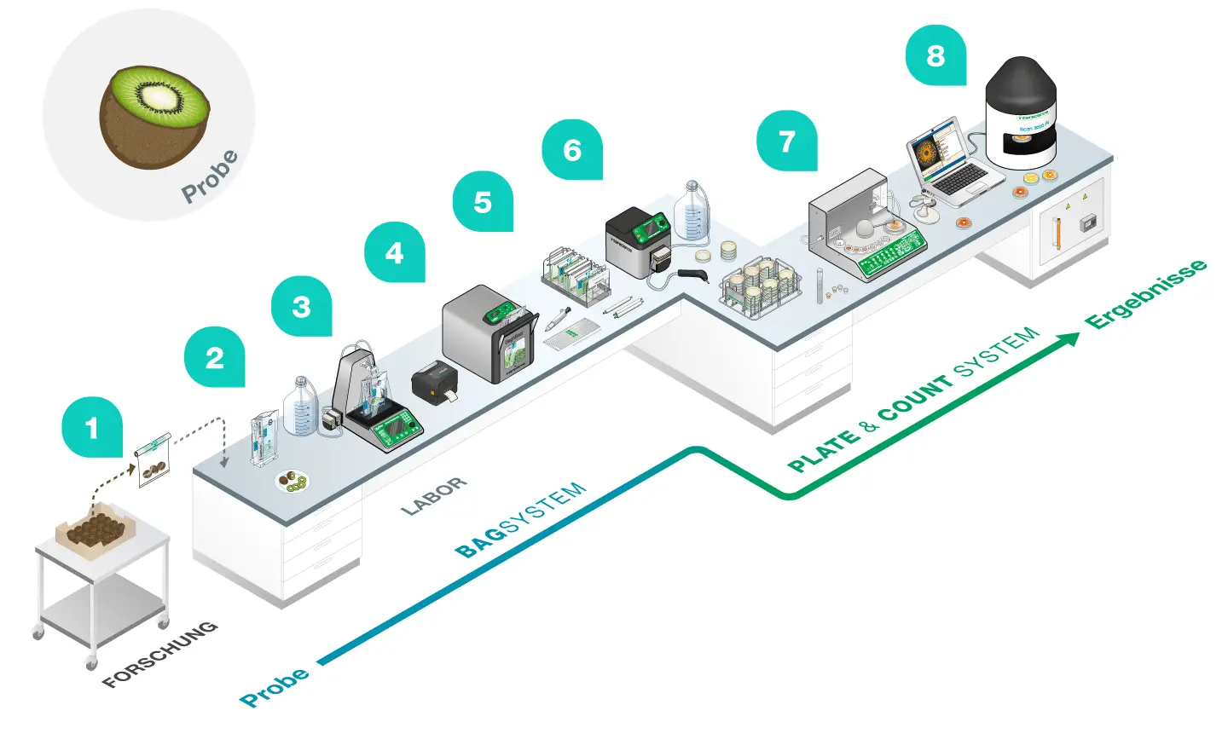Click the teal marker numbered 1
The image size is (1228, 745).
(x=92, y=427)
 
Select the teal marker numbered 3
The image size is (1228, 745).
(x=302, y=307)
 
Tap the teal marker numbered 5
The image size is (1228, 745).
(x=483, y=202)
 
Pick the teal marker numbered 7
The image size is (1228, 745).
(x=786, y=141)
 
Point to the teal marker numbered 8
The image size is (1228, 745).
(x=935, y=55)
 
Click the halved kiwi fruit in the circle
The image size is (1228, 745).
(x=154, y=116)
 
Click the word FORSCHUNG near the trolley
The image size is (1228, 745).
(x=159, y=655)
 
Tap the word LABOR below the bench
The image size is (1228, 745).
(x=434, y=495)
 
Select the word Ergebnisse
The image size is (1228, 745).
(x=1145, y=294)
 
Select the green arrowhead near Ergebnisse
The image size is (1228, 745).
(x=1068, y=339)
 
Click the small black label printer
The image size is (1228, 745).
(x=435, y=381)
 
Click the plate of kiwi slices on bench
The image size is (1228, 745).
(x=293, y=482)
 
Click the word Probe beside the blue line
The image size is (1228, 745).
(x=275, y=687)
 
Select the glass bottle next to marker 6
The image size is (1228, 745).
(x=692, y=212)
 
